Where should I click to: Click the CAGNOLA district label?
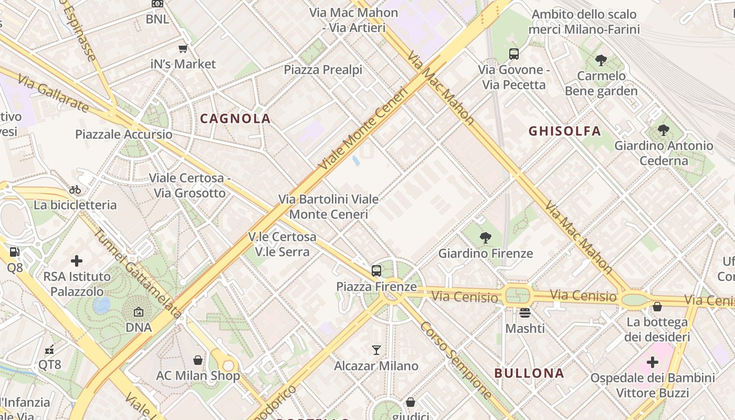(x=235, y=119)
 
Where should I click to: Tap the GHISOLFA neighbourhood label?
(x=564, y=131)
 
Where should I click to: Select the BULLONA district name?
(x=529, y=373)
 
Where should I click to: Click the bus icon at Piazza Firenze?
(x=376, y=271)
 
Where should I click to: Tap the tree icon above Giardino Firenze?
(x=485, y=238)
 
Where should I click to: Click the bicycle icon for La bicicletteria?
(x=75, y=190)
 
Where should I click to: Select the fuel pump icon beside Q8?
(x=15, y=252)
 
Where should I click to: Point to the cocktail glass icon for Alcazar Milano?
(x=376, y=350)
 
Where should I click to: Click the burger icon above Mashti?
(x=525, y=313)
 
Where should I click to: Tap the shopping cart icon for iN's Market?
(x=183, y=49)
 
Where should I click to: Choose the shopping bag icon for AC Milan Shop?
(x=198, y=360)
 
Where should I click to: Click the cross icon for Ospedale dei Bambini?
(x=652, y=362)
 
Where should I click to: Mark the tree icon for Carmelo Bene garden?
(x=601, y=60)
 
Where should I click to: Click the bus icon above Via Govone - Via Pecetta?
(x=513, y=54)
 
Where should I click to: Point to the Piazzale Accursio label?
(x=124, y=134)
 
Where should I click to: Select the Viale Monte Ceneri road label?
(x=363, y=129)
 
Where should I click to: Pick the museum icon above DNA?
(x=138, y=312)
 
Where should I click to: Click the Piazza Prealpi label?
(x=323, y=69)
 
